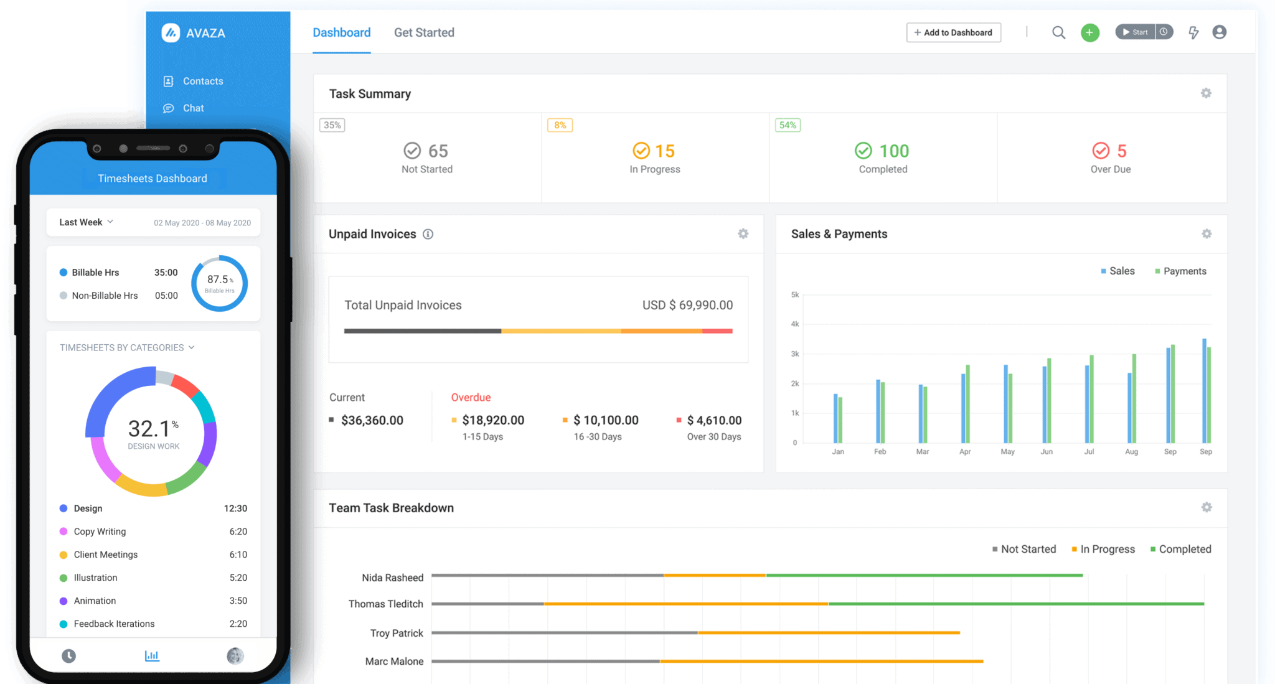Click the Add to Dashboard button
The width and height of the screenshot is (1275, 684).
point(953,32)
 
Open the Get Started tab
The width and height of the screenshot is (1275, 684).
point(424,32)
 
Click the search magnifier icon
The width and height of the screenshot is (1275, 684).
point(1058,32)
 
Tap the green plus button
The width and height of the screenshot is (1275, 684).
point(1089,32)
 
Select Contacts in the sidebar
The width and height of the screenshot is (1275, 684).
point(202,81)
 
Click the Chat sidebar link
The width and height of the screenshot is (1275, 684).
point(193,108)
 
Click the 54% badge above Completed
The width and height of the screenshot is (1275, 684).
point(788,125)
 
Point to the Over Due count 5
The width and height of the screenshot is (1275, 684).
point(1122,151)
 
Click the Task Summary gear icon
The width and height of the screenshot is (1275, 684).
point(1206,93)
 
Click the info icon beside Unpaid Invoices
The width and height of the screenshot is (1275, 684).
point(428,234)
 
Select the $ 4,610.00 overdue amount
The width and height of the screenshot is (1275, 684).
point(714,420)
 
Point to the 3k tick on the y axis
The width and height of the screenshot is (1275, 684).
point(795,354)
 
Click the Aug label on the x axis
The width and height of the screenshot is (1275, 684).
point(1131,452)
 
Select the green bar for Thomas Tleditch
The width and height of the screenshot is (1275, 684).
point(1016,604)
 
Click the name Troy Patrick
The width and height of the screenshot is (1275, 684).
point(397,633)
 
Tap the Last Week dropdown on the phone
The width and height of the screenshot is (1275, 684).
point(86,222)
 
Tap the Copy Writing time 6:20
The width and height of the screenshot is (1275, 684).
point(238,532)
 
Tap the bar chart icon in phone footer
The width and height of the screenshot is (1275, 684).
point(152,656)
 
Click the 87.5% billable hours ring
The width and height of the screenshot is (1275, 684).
point(220,283)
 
